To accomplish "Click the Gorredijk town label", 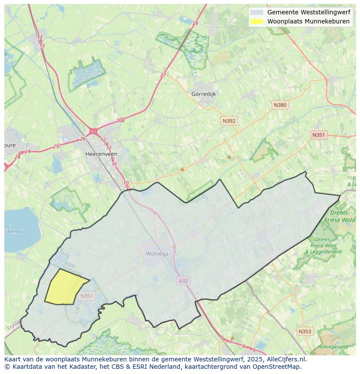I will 203,94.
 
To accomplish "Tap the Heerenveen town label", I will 101,154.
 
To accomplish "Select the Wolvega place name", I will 157,254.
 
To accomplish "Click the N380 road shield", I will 280,105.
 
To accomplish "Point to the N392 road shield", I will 229,121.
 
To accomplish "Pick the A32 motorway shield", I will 183,281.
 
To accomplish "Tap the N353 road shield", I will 305,331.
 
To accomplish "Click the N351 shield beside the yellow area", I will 87,296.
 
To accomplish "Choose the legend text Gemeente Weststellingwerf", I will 309,12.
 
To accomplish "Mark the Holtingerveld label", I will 333,347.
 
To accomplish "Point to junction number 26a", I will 120,121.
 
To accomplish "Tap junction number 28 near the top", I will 195,23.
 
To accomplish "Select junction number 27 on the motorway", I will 163,75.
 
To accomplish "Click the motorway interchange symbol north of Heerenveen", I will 93,131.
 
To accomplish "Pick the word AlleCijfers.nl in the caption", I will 285,359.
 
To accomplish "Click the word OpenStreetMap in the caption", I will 278,367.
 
